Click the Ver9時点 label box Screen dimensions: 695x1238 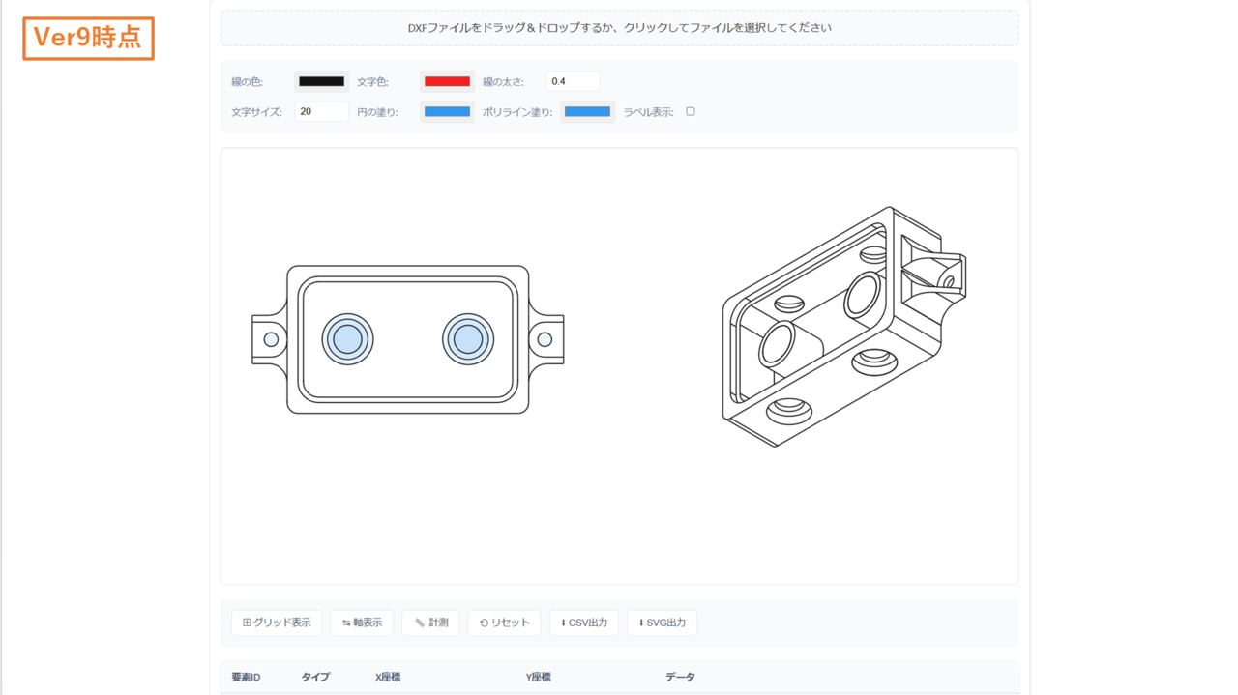pyautogui.click(x=88, y=38)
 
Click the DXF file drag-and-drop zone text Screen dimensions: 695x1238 pyautogui.click(x=619, y=28)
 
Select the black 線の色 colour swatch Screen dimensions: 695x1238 pyautogui.click(x=321, y=82)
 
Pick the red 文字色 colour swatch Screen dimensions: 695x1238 pyautogui.click(x=447, y=82)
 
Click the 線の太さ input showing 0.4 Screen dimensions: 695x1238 pyautogui.click(x=573, y=82)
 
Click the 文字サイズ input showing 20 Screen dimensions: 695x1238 pyautogui.click(x=321, y=112)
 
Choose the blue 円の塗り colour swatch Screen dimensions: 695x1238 pyautogui.click(x=447, y=112)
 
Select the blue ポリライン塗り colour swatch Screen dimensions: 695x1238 pyautogui.click(x=587, y=112)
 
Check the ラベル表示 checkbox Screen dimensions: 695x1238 pyautogui.click(x=691, y=111)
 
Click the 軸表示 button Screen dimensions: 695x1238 pyautogui.click(x=362, y=623)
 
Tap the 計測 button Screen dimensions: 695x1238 pyautogui.click(x=430, y=623)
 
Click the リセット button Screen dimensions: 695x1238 pyautogui.click(x=504, y=623)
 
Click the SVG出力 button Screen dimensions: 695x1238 pyautogui.click(x=662, y=623)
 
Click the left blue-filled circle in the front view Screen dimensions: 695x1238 pyautogui.click(x=347, y=339)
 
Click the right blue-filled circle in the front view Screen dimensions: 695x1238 pyautogui.click(x=468, y=339)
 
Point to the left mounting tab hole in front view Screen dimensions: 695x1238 pyautogui.click(x=271, y=339)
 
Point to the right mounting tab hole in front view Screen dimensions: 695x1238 pyautogui.click(x=545, y=339)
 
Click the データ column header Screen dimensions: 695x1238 pyautogui.click(x=680, y=677)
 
